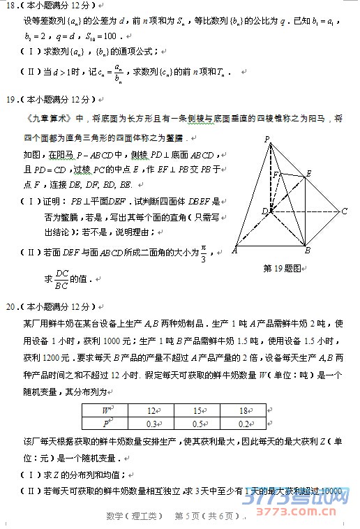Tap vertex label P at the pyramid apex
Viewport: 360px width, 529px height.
coord(267,140)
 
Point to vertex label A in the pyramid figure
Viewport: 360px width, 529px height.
coord(234,250)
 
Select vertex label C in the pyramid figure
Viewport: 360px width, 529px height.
coord(344,211)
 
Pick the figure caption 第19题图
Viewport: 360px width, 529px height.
coord(284,268)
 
